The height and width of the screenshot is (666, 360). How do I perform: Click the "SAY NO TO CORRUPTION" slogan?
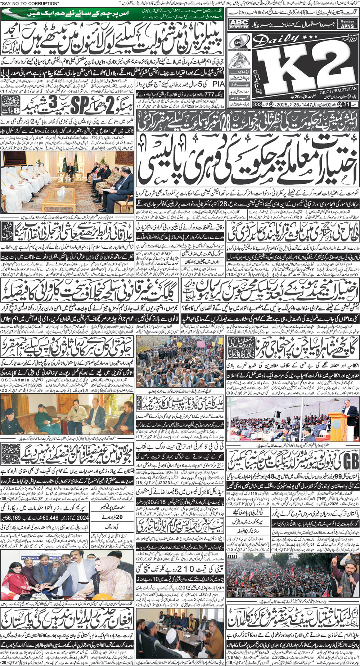pyautogui.click(x=30, y=3)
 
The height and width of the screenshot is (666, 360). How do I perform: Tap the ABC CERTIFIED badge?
pyautogui.click(x=239, y=24)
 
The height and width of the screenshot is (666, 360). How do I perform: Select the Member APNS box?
pyautogui.click(x=347, y=24)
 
